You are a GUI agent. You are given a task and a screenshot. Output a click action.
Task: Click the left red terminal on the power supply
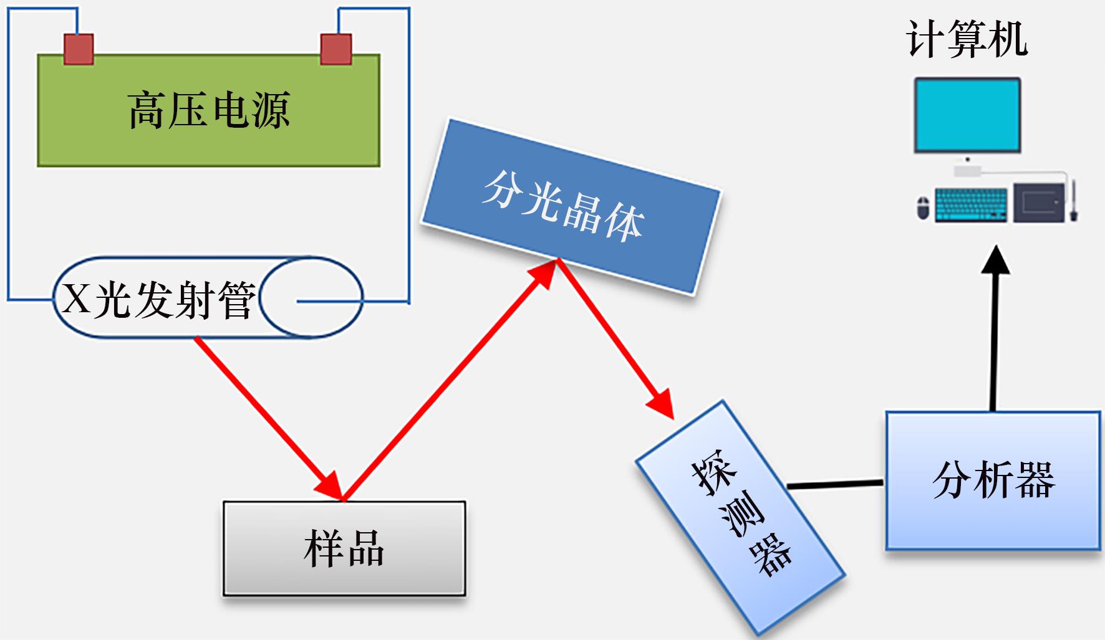pyautogui.click(x=79, y=49)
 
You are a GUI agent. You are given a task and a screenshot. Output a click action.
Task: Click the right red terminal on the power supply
pyautogui.click(x=336, y=49)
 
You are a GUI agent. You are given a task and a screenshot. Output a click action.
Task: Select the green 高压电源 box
pyautogui.click(x=208, y=110)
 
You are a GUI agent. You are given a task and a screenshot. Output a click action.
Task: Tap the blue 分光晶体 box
pyautogui.click(x=570, y=206)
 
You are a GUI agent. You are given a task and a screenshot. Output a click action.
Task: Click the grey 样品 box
pyautogui.click(x=344, y=548)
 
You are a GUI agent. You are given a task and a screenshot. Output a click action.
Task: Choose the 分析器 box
pyautogui.click(x=993, y=480)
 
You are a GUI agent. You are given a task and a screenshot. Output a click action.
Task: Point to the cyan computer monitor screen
pyautogui.click(x=967, y=115)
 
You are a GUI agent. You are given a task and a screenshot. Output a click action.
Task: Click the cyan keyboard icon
pyautogui.click(x=972, y=204)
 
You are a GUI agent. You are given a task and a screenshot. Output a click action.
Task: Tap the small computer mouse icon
pyautogui.click(x=923, y=208)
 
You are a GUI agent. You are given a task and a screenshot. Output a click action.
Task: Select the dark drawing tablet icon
pyautogui.click(x=1038, y=203)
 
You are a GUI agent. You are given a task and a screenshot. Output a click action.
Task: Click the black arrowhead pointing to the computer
pyautogui.click(x=995, y=260)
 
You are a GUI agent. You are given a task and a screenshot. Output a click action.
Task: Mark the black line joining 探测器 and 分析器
pyautogui.click(x=836, y=484)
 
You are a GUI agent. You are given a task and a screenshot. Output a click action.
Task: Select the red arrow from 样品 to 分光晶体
pyautogui.click(x=449, y=380)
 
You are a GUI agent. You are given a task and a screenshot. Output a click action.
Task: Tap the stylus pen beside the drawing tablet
pyautogui.click(x=1074, y=201)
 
